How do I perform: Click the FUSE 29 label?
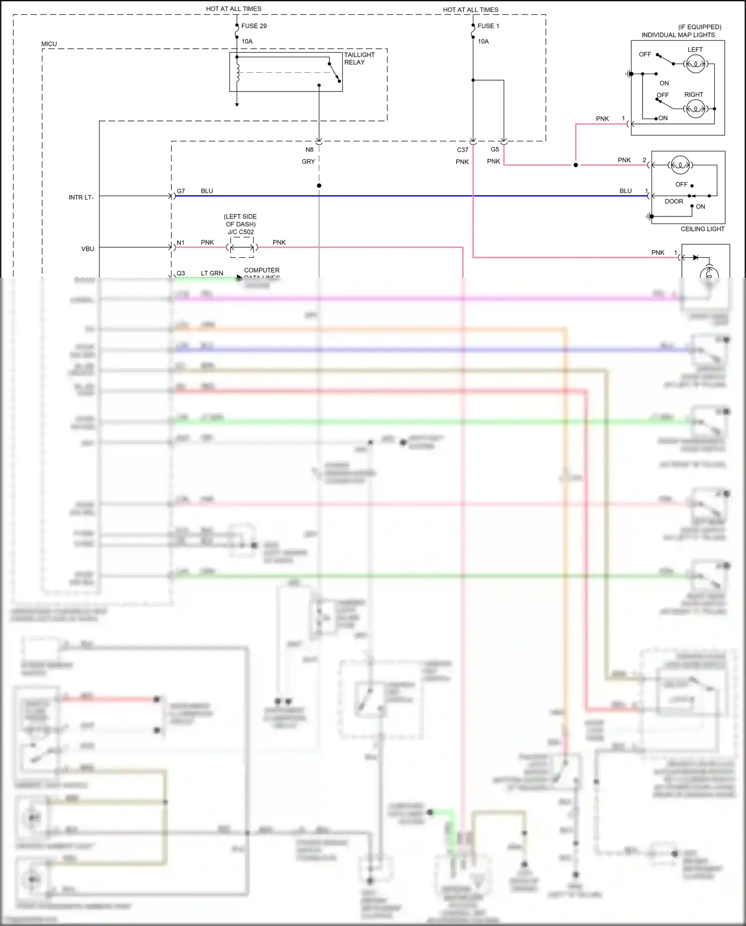(254, 26)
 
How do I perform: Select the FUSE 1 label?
(488, 26)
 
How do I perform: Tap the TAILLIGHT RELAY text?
(359, 58)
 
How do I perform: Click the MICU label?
(49, 44)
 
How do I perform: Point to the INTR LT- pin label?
(81, 198)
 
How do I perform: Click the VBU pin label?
(88, 249)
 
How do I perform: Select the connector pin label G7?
(181, 191)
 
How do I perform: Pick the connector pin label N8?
(309, 150)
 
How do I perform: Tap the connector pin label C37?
(463, 150)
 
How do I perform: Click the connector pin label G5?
(495, 149)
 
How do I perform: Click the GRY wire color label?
(308, 162)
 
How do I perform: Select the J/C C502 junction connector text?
(241, 232)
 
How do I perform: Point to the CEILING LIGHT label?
(702, 229)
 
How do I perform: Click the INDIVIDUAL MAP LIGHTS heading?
(678, 35)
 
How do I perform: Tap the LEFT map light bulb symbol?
(695, 64)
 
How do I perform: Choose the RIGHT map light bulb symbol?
(695, 108)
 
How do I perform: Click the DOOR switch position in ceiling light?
(674, 202)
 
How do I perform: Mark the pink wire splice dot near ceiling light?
(576, 165)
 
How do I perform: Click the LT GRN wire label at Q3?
(212, 273)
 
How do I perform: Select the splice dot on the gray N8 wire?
(319, 186)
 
